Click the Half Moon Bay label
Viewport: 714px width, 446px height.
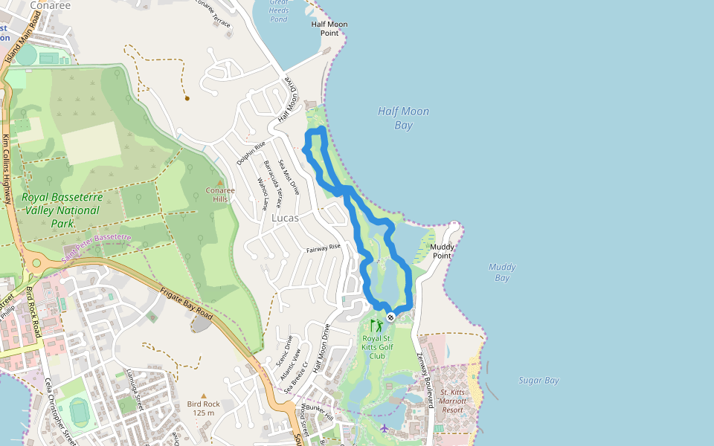pos(403,118)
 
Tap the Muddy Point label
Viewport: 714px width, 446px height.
pos(442,251)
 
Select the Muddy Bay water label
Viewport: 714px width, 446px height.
pos(501,272)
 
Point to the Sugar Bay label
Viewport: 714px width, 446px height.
pos(538,381)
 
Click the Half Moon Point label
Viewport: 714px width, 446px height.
pos(329,28)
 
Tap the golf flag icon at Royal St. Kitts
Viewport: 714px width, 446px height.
pos(378,326)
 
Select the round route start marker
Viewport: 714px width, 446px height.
pos(390,317)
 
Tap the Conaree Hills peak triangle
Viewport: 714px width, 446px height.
pos(219,181)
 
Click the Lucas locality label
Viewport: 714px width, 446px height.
pos(285,218)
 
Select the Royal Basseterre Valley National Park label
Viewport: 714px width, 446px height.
pos(60,210)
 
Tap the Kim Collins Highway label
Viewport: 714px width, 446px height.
pos(7,170)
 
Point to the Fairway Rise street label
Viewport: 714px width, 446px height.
pos(323,248)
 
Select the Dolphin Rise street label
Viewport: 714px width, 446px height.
pos(251,152)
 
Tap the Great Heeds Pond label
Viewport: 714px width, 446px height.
pos(279,11)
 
